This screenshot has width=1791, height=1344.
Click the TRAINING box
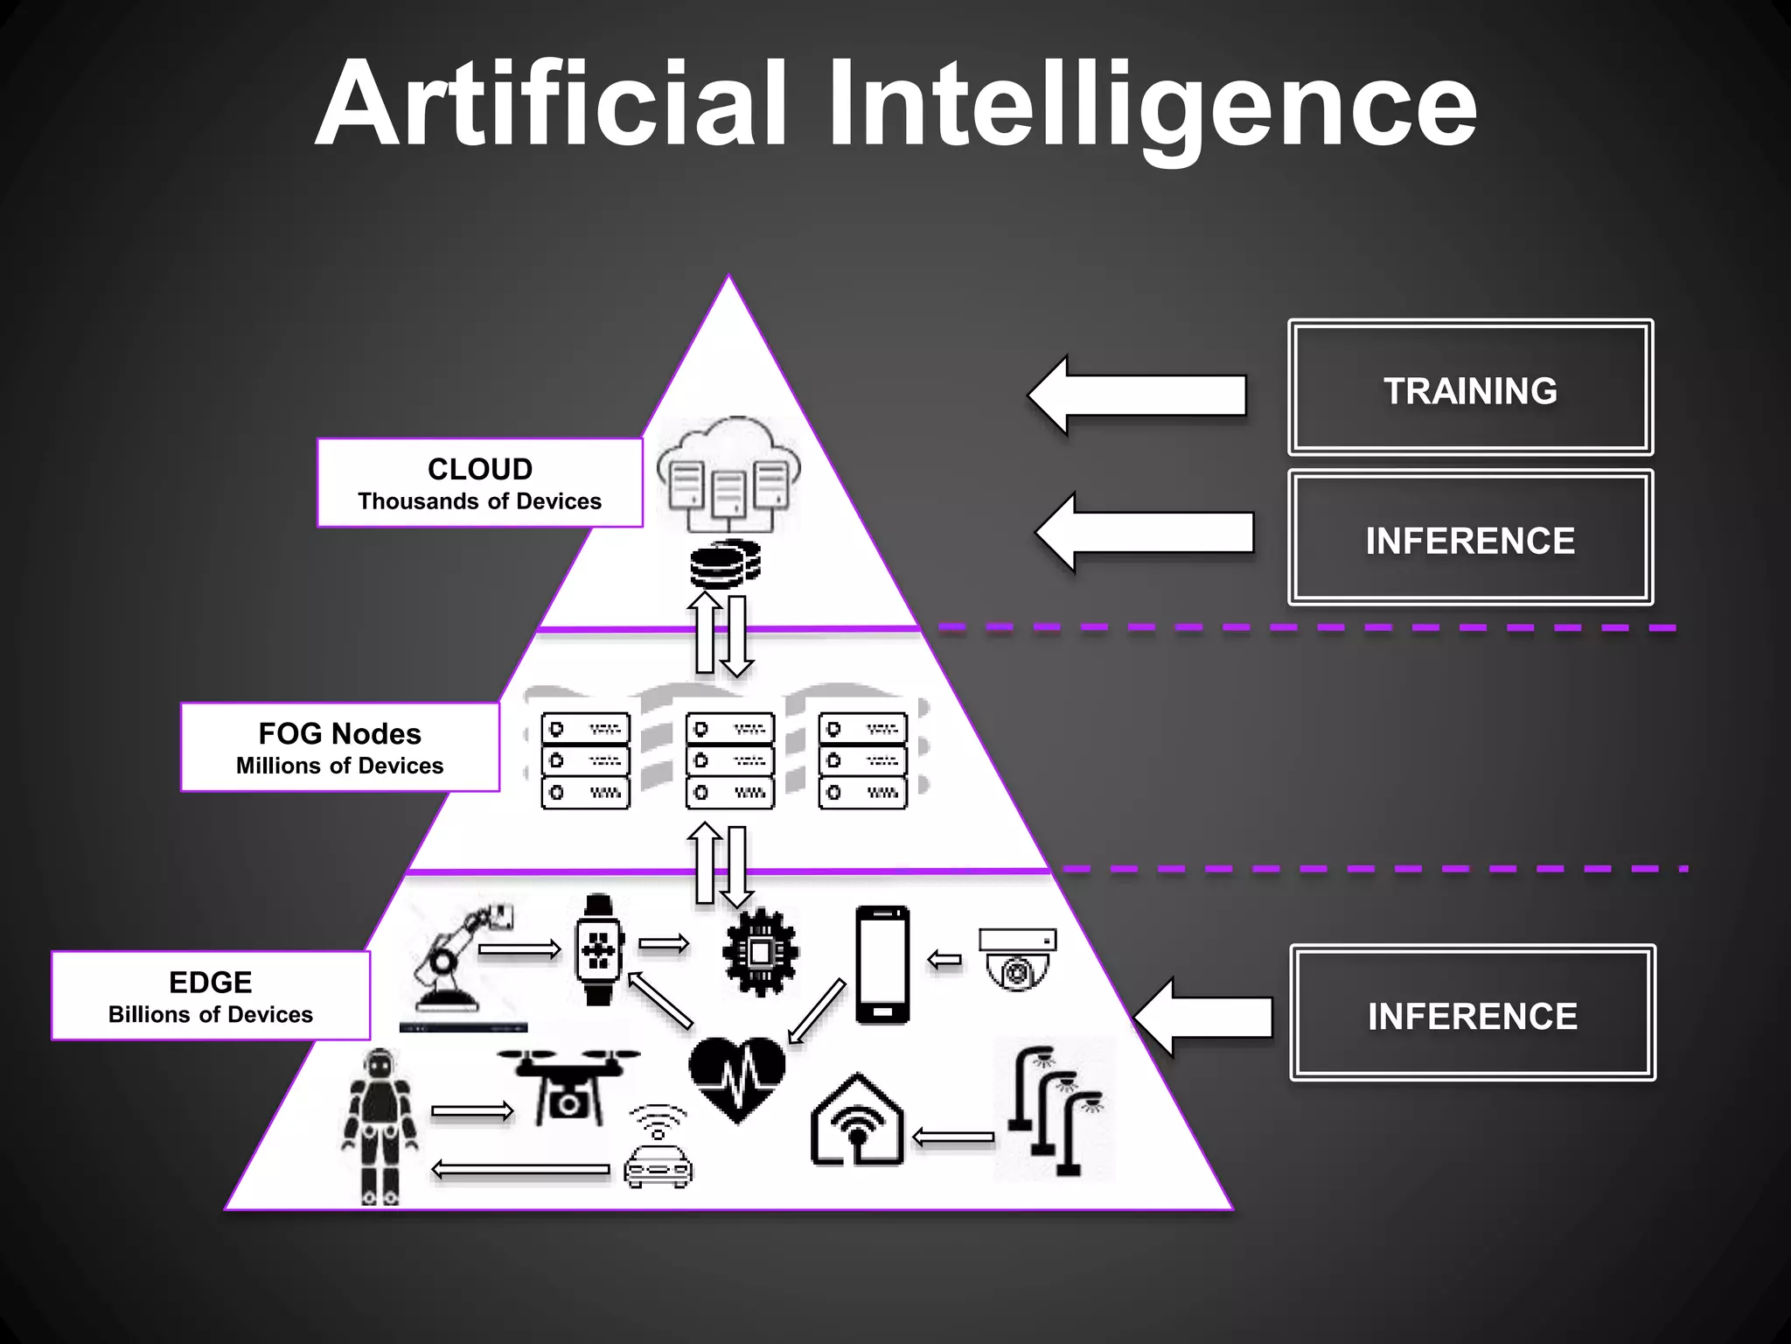[1470, 388]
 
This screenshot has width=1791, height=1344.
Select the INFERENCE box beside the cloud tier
[1470, 538]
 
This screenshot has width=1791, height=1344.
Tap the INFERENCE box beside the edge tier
[1473, 1013]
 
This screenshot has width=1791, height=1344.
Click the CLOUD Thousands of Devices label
[479, 483]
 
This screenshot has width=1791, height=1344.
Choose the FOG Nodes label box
[340, 747]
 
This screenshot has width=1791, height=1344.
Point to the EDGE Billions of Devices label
[211, 996]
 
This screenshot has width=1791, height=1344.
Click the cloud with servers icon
[728, 473]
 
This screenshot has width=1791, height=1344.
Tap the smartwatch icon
[599, 950]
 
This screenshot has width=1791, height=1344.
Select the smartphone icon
[882, 964]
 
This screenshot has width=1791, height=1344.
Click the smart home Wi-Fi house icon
[857, 1122]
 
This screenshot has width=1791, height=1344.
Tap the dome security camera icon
[1017, 959]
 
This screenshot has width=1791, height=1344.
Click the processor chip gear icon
[760, 952]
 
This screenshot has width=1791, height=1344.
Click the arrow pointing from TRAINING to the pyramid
[1137, 395]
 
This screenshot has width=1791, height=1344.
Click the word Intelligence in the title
[1152, 105]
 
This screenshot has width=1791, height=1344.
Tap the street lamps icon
[1055, 1108]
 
